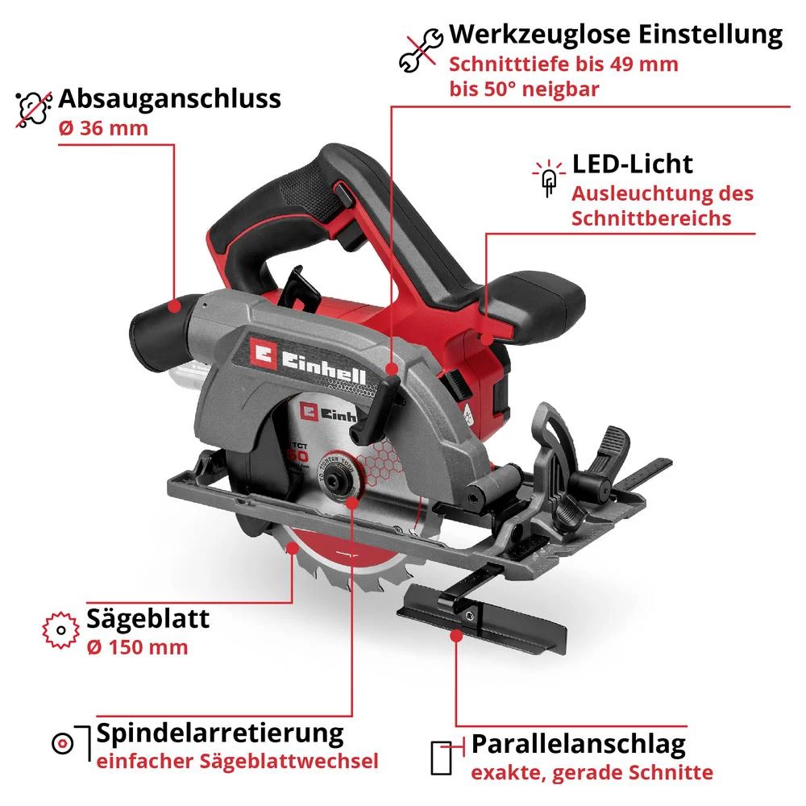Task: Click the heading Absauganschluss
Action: click(x=170, y=99)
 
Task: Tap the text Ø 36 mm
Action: click(x=104, y=128)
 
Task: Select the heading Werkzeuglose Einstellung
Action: click(x=616, y=35)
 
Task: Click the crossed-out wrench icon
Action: click(x=421, y=50)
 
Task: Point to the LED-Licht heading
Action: click(x=633, y=164)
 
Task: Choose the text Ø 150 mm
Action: click(x=137, y=646)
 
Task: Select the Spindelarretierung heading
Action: click(x=220, y=733)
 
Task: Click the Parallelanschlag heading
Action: click(x=579, y=742)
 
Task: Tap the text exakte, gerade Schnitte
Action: click(x=592, y=772)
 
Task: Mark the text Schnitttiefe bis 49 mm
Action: click(x=564, y=64)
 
